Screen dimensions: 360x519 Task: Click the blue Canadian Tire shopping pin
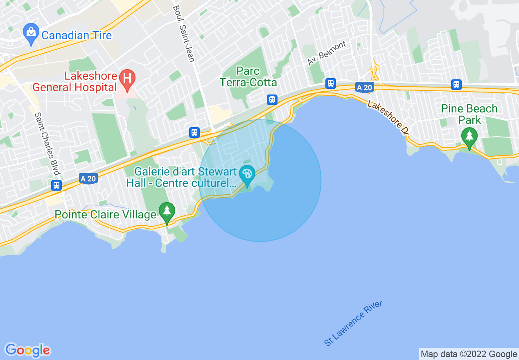(31, 33)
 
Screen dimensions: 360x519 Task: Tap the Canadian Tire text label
(77, 36)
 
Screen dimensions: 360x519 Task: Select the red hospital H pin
(127, 79)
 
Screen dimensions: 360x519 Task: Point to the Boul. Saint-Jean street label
(183, 34)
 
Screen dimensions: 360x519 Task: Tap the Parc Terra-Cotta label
(248, 77)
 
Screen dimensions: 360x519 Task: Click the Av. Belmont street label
(327, 53)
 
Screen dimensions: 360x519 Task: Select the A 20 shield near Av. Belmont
(364, 88)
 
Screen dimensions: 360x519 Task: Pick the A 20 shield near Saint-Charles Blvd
(88, 178)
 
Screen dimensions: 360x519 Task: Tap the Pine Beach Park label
(469, 114)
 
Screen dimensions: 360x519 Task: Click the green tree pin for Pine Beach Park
(469, 137)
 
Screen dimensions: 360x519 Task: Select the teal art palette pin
(247, 175)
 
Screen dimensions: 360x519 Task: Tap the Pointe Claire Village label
(106, 214)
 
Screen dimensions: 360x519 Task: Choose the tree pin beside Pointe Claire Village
(167, 212)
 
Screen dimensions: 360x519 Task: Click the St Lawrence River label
(353, 324)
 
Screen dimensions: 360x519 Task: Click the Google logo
(28, 350)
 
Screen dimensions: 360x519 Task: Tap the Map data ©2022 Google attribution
(469, 354)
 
